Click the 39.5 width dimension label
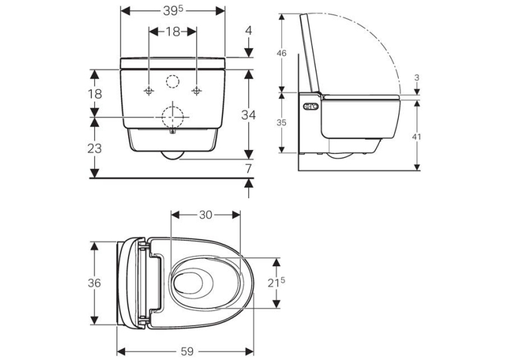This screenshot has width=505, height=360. pyautogui.click(x=173, y=11)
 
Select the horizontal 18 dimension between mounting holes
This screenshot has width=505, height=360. pyautogui.click(x=173, y=32)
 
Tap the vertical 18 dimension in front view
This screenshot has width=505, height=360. pyautogui.click(x=94, y=94)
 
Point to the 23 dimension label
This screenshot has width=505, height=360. pyautogui.click(x=94, y=148)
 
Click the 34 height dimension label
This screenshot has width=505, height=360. pyautogui.click(x=249, y=115)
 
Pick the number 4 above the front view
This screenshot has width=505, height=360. pyautogui.click(x=249, y=31)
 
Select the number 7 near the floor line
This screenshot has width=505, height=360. pyautogui.click(x=248, y=168)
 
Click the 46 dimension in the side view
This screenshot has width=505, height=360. pyautogui.click(x=281, y=53)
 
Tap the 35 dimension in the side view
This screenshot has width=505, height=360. pyautogui.click(x=281, y=122)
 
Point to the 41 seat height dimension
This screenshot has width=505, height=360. pyautogui.click(x=417, y=137)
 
